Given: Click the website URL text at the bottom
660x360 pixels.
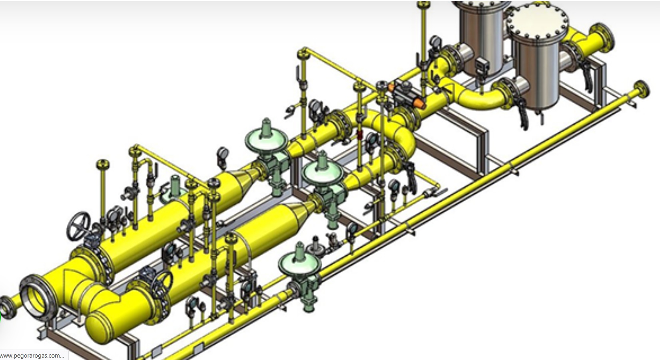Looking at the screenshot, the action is [32, 356].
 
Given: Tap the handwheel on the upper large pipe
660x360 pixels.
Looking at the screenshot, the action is [78, 226].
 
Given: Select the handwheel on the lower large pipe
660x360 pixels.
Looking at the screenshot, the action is [162, 284].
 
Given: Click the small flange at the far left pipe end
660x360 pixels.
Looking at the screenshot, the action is [6, 307].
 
